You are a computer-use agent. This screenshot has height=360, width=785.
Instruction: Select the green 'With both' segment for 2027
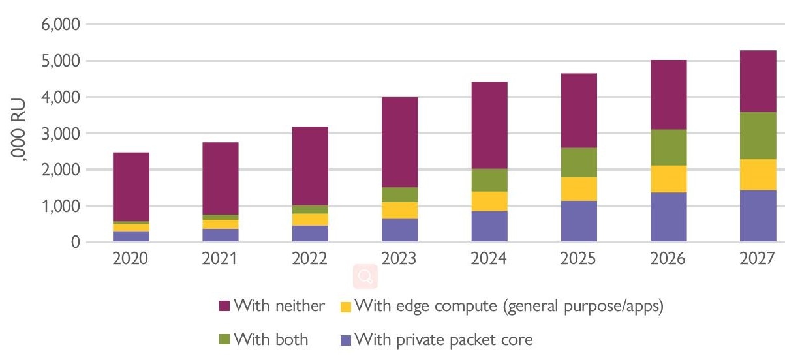pos(758,136)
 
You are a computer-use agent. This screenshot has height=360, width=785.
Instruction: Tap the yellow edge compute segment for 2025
pos(578,189)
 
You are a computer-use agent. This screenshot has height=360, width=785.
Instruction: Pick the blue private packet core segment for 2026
pos(668,217)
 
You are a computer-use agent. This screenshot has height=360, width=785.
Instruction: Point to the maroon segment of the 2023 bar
pos(400,142)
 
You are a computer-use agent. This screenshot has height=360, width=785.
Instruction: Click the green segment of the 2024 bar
pos(489,180)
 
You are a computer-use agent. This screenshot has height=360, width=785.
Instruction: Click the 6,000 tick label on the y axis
pos(60,25)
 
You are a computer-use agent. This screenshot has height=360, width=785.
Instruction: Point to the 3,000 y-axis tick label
pos(60,134)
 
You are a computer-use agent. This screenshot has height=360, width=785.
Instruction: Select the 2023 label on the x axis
pos(400,258)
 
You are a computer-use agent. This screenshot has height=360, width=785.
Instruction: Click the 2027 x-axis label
pos(758,258)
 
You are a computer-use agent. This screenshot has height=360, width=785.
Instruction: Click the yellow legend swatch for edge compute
pos(346,306)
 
